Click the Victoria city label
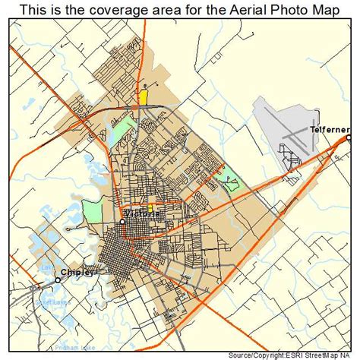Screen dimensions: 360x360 pyautogui.click(x=142, y=214)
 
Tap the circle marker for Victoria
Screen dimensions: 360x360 pyautogui.click(x=122, y=222)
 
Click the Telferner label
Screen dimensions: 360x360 pyautogui.click(x=329, y=130)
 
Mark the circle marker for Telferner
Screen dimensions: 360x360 pyautogui.click(x=349, y=138)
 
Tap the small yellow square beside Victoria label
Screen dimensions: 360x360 pyautogui.click(x=150, y=207)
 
